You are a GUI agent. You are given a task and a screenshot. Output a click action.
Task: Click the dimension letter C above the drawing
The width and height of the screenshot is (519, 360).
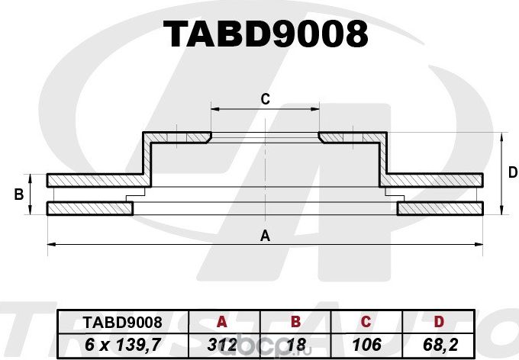tap(265, 98)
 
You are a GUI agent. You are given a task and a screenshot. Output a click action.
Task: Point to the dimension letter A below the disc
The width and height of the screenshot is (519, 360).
tap(265, 235)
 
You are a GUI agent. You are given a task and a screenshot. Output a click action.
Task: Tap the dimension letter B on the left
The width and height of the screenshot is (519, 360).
tap(18, 195)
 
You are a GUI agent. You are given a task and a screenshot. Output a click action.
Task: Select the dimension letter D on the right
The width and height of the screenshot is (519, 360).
tap(512, 173)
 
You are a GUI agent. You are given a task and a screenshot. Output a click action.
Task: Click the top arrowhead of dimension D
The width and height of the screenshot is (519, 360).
tap(501, 137)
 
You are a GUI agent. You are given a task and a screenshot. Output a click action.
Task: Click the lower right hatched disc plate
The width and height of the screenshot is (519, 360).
tap(441, 208)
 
